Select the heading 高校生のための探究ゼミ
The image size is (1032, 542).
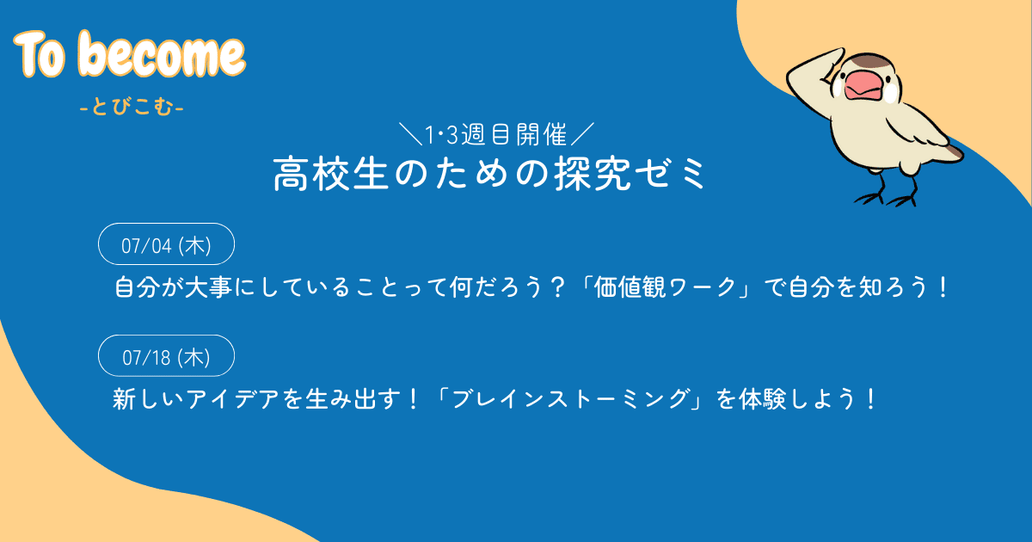490,175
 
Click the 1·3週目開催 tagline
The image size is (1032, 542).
496,134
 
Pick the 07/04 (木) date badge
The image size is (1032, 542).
167,244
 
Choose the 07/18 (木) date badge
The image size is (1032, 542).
167,356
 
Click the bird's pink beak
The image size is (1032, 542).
860,85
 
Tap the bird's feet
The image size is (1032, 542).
886,196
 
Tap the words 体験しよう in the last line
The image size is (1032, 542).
801,399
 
